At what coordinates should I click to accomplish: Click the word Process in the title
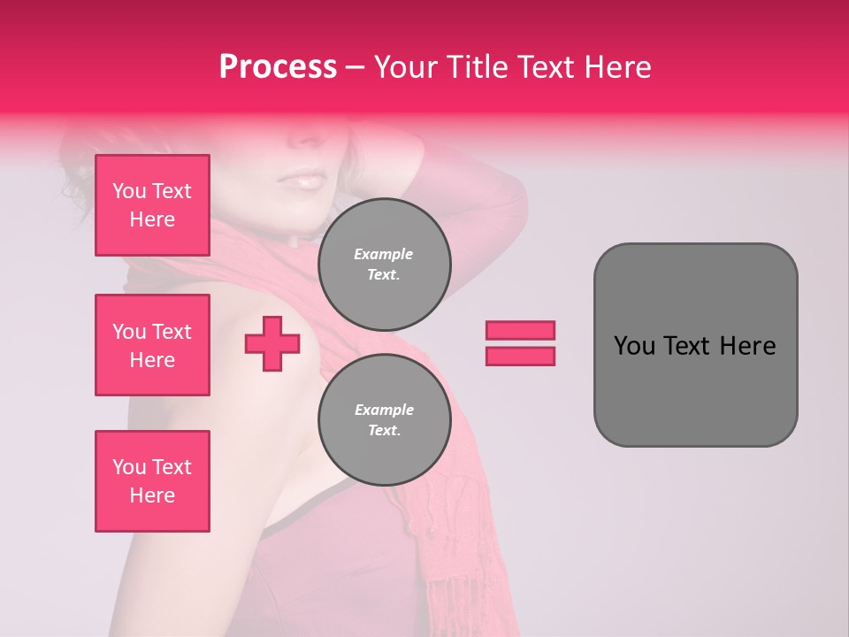[278, 67]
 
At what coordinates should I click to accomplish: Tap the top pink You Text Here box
[152, 205]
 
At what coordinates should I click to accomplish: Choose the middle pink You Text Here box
[152, 345]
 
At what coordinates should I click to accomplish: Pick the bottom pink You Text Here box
[152, 481]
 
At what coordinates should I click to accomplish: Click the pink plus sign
[272, 343]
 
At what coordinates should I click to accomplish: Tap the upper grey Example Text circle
[384, 265]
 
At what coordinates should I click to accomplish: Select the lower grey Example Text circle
[384, 420]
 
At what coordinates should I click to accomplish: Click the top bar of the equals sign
[520, 330]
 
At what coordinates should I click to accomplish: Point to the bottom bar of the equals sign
[520, 356]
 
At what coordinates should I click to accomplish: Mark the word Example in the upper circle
[384, 254]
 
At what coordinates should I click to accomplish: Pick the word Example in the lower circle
[384, 410]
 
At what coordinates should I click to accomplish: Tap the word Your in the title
[403, 67]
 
